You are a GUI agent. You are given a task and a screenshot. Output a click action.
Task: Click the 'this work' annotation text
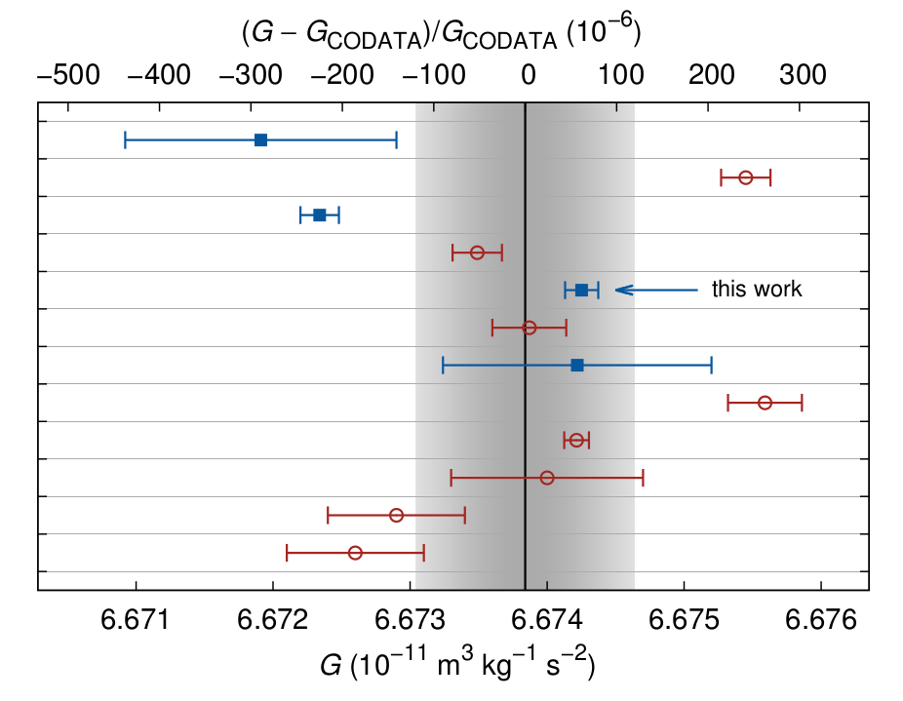click(x=756, y=290)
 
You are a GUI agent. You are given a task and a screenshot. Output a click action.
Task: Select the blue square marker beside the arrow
click(x=581, y=290)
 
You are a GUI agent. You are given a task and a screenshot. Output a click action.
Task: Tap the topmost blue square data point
click(x=260, y=140)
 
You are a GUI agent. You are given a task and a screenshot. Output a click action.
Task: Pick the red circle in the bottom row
click(x=355, y=553)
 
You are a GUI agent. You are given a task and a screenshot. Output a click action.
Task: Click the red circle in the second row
click(x=746, y=177)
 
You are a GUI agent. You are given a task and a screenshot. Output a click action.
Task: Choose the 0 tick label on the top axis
click(x=528, y=76)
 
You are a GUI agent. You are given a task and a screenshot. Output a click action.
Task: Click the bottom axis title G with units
click(x=457, y=667)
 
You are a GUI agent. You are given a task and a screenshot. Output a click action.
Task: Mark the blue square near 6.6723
click(x=319, y=214)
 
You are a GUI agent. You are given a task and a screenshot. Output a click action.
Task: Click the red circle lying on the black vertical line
click(x=529, y=328)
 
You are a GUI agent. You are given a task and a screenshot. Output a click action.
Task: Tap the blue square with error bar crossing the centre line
click(x=577, y=365)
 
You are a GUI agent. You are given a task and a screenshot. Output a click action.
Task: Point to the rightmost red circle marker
click(x=765, y=403)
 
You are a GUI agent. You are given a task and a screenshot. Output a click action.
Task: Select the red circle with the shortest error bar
click(x=576, y=440)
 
